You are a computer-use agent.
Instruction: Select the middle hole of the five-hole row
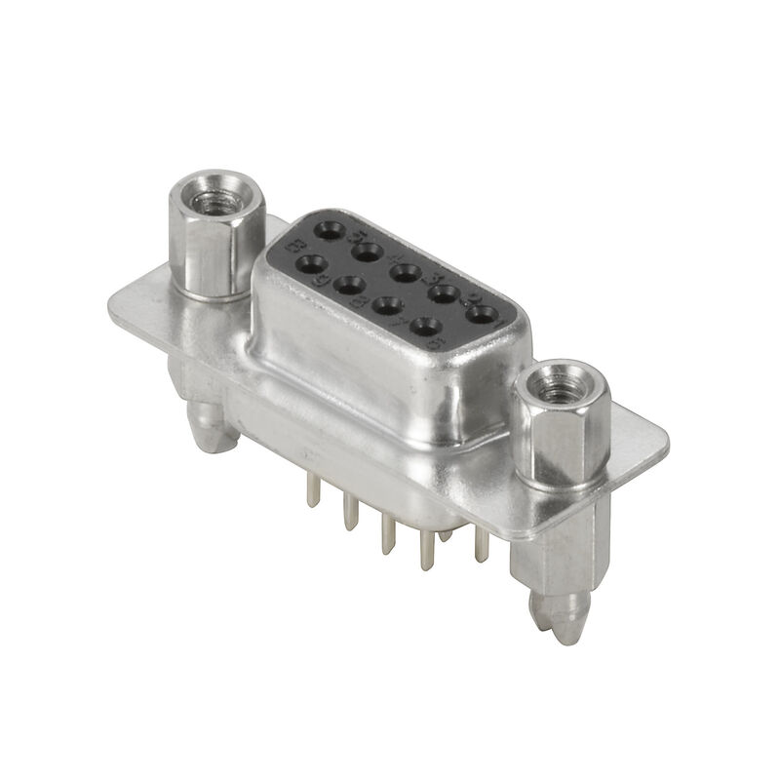[406, 272]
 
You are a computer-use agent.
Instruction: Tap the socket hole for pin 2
[444, 292]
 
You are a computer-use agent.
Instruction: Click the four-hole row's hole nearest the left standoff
[311, 264]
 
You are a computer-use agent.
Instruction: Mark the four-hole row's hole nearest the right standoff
[425, 326]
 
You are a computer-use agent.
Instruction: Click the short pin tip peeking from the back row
[445, 533]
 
